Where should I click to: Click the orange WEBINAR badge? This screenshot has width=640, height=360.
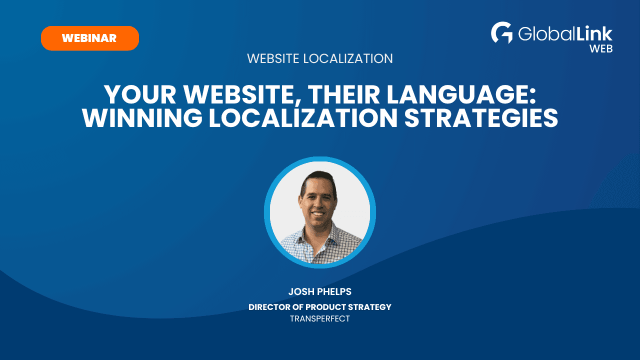[90, 38]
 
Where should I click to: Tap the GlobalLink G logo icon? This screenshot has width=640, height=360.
[501, 32]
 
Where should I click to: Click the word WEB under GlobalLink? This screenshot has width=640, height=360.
[601, 49]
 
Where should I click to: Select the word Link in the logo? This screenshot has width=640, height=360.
[593, 33]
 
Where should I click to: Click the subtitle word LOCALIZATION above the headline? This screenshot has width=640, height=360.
[347, 58]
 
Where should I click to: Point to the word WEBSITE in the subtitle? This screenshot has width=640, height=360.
[273, 58]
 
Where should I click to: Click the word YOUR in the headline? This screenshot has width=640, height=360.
[140, 94]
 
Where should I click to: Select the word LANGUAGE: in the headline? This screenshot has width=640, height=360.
[461, 94]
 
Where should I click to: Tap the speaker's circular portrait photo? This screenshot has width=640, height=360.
[320, 212]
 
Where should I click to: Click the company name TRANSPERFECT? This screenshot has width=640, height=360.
[319, 319]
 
